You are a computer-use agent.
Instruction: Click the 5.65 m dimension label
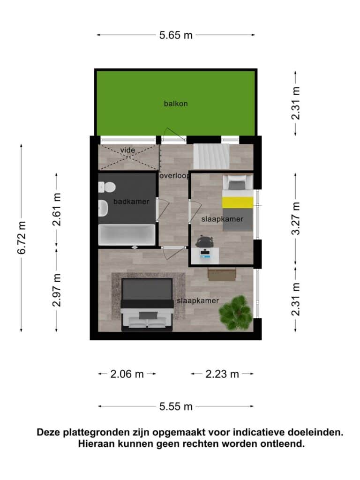pos(176,35)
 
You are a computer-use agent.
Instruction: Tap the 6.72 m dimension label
pos(22,238)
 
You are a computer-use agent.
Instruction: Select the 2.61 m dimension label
pos(57,210)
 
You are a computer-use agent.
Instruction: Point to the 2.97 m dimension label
pos(57,290)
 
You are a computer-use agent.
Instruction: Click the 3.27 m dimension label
pos(296,218)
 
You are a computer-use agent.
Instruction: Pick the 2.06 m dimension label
pos(127,374)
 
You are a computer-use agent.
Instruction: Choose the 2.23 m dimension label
pos(222,374)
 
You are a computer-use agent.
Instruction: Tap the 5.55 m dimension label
pos(176,406)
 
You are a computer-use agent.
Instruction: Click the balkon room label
pos(176,104)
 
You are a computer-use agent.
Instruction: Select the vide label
pos(127,150)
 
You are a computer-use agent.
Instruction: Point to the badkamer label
pos(131,202)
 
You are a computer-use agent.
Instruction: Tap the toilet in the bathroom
pos(106,187)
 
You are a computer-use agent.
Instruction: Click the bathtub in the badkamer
pos(127,235)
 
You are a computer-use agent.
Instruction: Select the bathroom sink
pos(103,208)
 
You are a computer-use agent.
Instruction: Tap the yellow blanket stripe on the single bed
pos(238,202)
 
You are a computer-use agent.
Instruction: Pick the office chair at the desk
pos(205,241)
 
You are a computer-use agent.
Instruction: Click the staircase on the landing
pos(211,157)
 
